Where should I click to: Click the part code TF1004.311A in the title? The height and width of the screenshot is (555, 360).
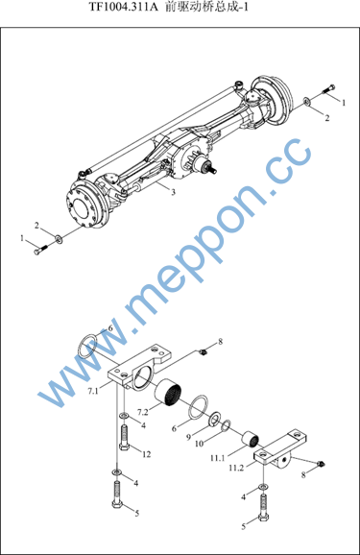[x=123, y=7]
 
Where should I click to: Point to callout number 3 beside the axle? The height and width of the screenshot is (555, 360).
[x=173, y=192]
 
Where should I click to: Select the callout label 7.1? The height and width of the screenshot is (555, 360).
[x=93, y=391]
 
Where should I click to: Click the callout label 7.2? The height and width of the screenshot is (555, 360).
[x=143, y=412]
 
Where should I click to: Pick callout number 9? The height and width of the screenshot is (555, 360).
[x=189, y=437]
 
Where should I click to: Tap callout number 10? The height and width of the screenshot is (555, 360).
[x=200, y=444]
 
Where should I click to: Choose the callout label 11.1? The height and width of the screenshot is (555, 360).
[x=218, y=458]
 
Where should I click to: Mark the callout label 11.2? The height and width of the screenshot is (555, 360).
[x=236, y=468]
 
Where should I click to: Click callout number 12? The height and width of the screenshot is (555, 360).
[x=147, y=454]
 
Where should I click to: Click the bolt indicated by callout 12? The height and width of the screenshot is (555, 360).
[x=124, y=438]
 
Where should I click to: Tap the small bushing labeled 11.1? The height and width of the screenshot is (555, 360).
[x=251, y=439]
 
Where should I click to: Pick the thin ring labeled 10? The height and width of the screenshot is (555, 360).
[x=227, y=425]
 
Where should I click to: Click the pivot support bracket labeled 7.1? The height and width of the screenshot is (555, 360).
[x=139, y=368]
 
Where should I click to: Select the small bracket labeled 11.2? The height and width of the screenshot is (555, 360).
[x=279, y=450]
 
